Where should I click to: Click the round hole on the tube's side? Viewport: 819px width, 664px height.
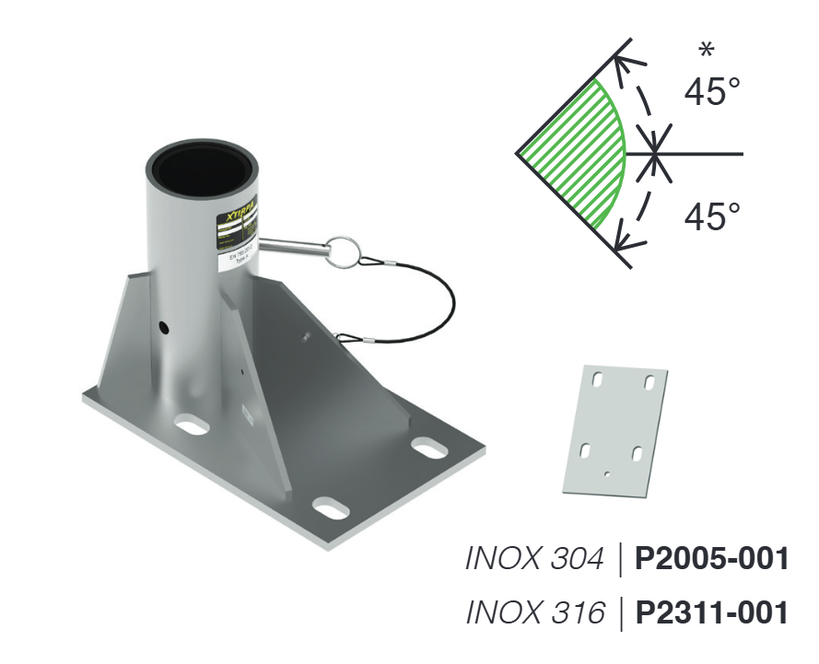(x=163, y=327)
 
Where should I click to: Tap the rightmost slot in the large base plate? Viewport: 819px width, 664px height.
(x=429, y=447)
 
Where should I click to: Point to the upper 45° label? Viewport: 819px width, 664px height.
(x=712, y=91)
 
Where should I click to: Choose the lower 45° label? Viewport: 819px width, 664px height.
(x=712, y=217)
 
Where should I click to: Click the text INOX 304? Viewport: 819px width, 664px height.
(x=535, y=558)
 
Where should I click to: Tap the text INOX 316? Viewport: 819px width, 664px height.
(x=535, y=612)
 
